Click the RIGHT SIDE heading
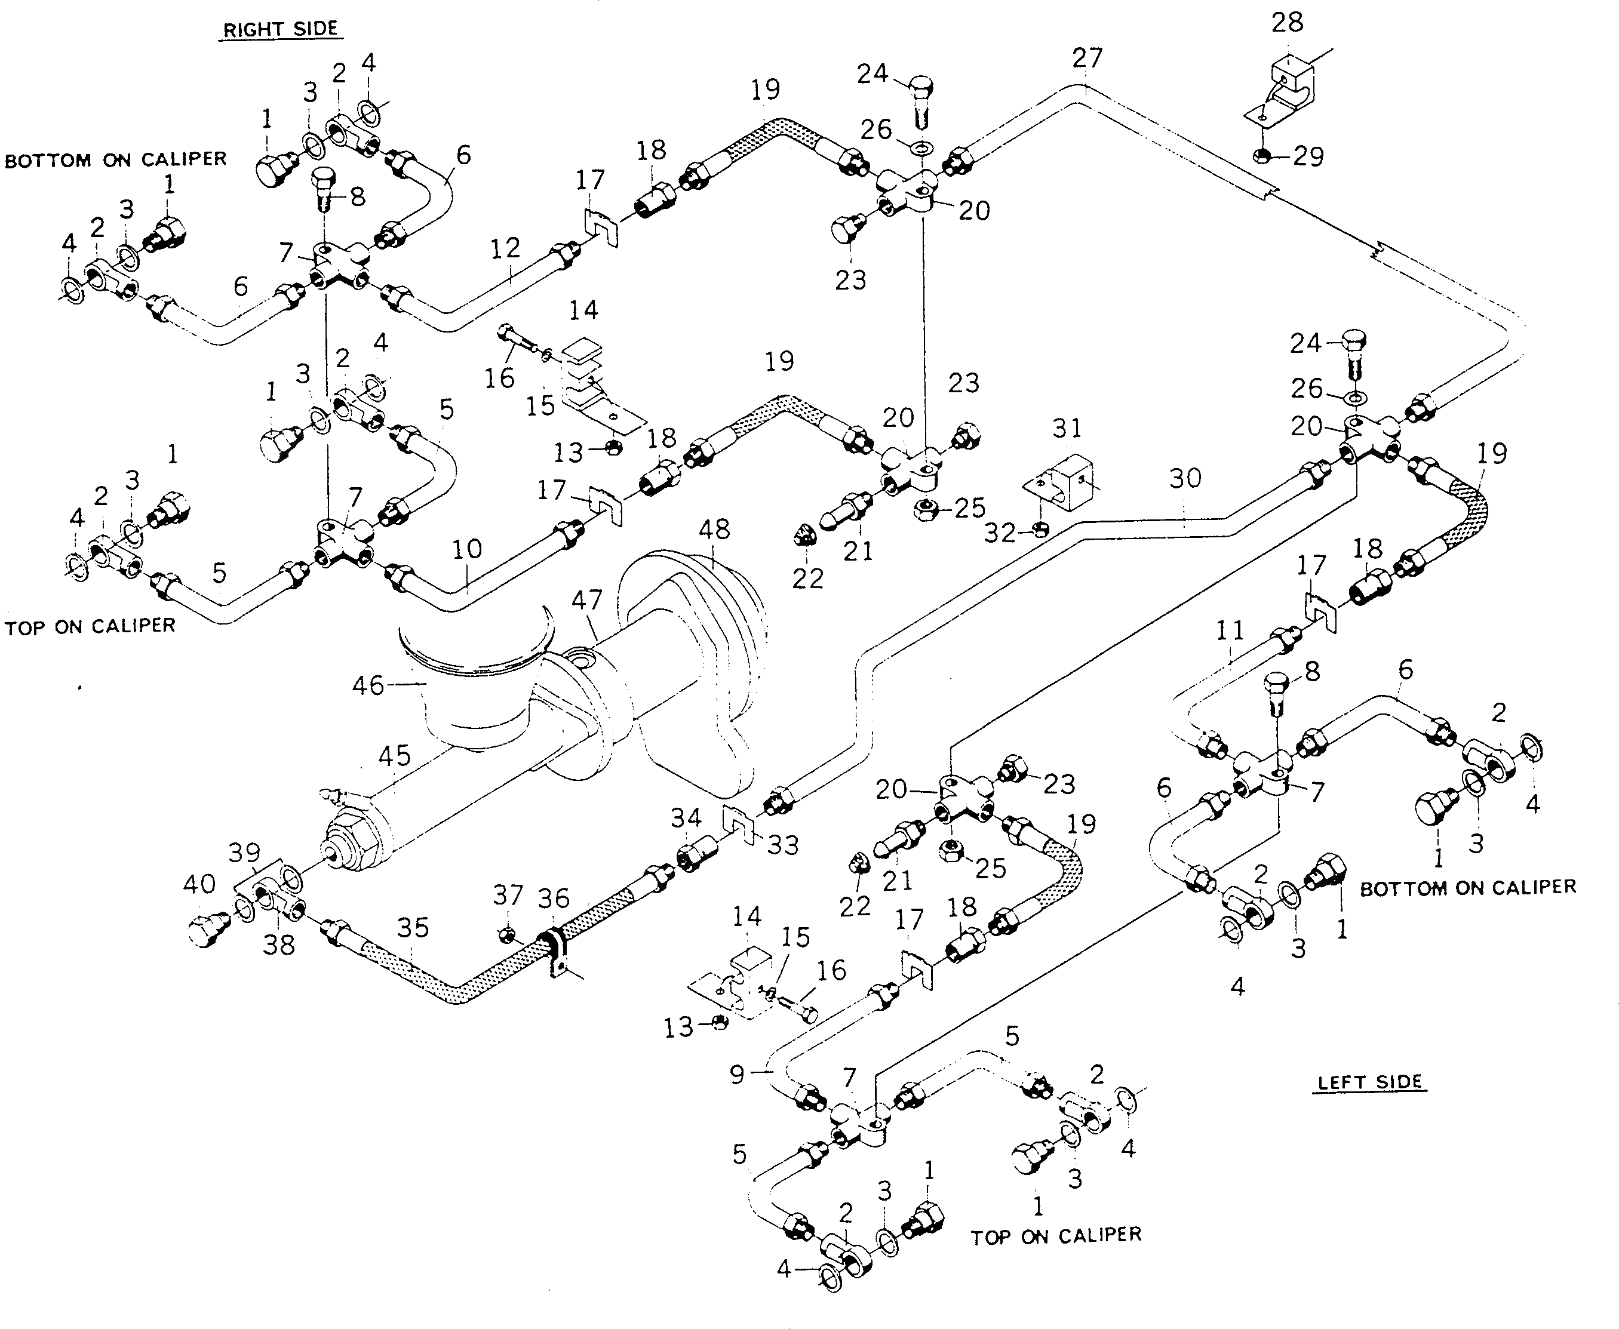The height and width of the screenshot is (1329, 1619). (x=280, y=29)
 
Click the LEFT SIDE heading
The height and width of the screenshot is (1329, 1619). (x=1369, y=1082)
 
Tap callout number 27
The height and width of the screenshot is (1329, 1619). (x=1087, y=58)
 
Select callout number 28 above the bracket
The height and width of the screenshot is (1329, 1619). (x=1286, y=22)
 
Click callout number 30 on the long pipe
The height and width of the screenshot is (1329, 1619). (x=1185, y=478)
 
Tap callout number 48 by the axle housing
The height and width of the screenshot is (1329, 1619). (x=714, y=529)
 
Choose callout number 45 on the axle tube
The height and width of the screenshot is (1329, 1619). (x=394, y=756)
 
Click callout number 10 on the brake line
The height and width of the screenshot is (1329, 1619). (x=466, y=549)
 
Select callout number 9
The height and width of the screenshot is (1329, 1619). (x=737, y=1075)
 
